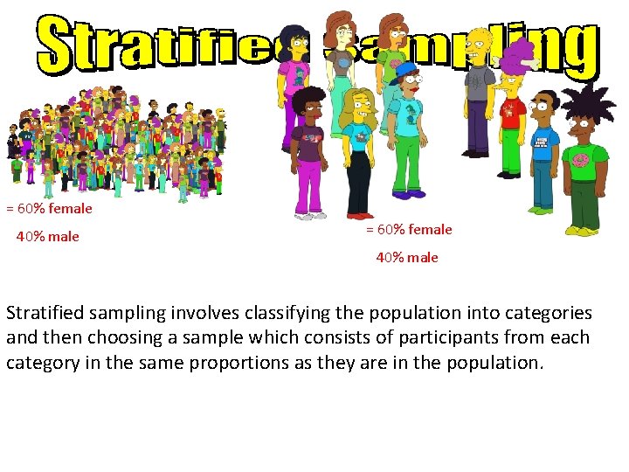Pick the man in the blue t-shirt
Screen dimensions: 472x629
point(543,144)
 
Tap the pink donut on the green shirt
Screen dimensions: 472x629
point(579,160)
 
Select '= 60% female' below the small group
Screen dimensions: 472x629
point(409,230)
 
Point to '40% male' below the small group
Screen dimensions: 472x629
point(407,258)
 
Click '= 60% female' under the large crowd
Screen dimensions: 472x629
point(49,209)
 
